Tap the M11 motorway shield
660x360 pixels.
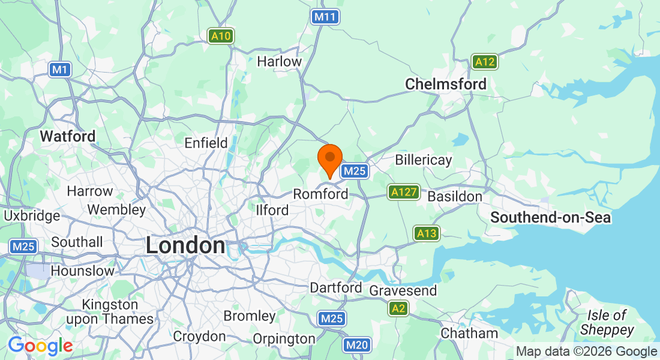pyautogui.click(x=324, y=17)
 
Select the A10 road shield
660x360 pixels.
pyautogui.click(x=221, y=36)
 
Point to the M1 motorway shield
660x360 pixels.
pyautogui.click(x=59, y=70)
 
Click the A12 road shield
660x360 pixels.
pyautogui.click(x=484, y=62)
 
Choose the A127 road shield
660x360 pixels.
pyautogui.click(x=403, y=192)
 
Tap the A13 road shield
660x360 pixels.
pyautogui.click(x=426, y=233)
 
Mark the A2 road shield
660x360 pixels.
pyautogui.click(x=397, y=308)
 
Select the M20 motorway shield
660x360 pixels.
pyautogui.click(x=357, y=345)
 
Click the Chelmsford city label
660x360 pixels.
pyautogui.click(x=446, y=84)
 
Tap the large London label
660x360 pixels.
pyautogui.click(x=185, y=245)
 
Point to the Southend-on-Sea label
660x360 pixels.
pyautogui.click(x=550, y=217)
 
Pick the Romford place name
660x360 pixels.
pyautogui.click(x=320, y=194)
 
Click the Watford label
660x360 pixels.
pyautogui.click(x=68, y=136)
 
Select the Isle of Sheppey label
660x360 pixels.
pyautogui.click(x=607, y=322)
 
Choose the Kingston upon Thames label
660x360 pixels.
pyautogui.click(x=110, y=312)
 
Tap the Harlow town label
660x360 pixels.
pyautogui.click(x=279, y=61)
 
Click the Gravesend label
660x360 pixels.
pyautogui.click(x=403, y=290)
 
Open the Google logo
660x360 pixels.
pyautogui.click(x=40, y=346)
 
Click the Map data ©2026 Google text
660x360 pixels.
pyautogui.click(x=586, y=352)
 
